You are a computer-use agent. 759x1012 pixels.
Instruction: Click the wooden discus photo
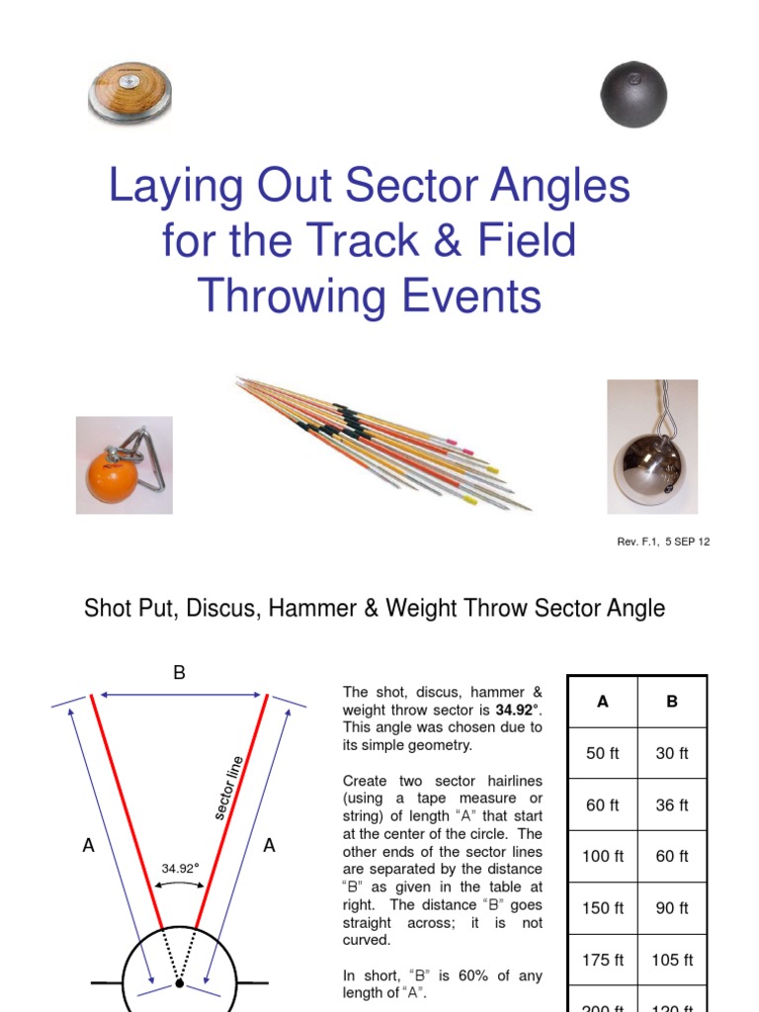pos(130,93)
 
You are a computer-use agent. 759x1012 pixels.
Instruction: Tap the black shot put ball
pos(633,95)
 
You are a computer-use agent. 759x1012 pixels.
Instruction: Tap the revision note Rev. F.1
pos(643,542)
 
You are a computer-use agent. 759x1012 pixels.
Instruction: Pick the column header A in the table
pos(602,702)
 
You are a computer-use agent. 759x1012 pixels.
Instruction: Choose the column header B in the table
pos(672,702)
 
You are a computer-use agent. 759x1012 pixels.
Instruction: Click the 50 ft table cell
pos(602,753)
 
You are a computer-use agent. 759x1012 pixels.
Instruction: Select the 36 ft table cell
pos(672,805)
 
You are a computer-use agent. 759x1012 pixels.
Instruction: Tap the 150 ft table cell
pos(602,908)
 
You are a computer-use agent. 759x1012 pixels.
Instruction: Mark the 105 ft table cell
pos(672,960)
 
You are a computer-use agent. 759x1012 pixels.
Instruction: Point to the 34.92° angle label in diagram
pos(180,869)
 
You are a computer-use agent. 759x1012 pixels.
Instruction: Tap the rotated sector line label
pos(228,789)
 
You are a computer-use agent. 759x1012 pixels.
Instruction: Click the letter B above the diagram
pos(179,673)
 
